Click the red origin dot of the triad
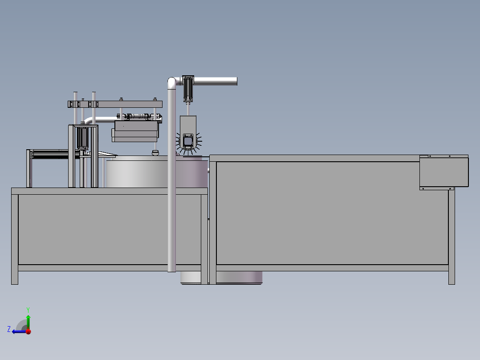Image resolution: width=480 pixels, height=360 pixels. [28, 331]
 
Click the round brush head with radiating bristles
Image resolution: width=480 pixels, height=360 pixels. [188, 142]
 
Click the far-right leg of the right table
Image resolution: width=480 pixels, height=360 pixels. [452, 236]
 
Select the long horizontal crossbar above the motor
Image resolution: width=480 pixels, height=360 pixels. [115, 104]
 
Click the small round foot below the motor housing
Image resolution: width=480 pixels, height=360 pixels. [155, 153]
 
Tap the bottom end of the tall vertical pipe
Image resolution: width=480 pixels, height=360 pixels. [172, 268]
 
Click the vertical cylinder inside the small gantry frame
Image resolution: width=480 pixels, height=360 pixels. [82, 139]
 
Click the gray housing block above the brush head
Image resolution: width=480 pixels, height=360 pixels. [188, 124]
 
